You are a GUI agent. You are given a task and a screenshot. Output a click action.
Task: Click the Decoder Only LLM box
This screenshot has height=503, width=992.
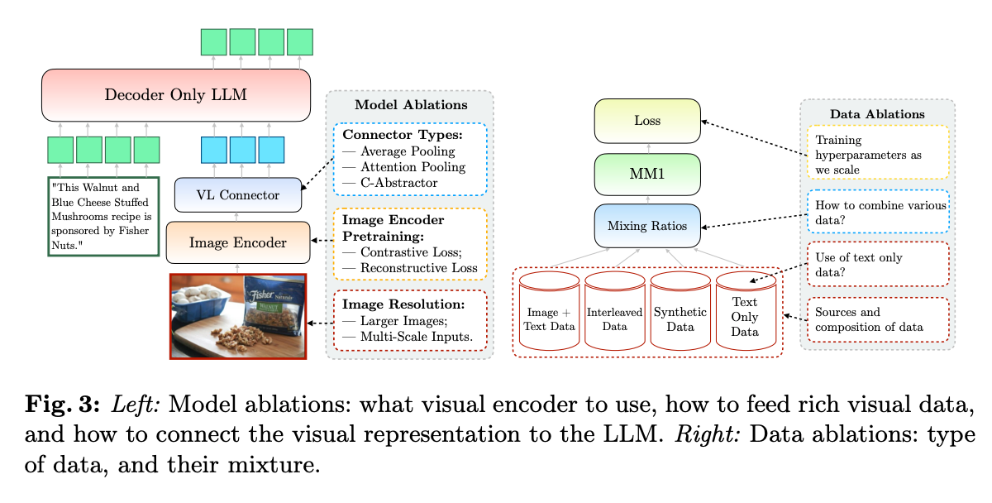pos(175,94)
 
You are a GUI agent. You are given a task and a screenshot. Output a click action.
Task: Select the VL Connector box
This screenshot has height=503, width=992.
pos(238,195)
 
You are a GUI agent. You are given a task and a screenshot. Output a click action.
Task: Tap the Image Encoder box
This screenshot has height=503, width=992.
pos(238,242)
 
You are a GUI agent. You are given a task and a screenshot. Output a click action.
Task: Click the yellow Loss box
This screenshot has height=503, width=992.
pos(647,120)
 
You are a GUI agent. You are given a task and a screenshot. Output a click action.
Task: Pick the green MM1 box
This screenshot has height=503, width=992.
pos(647,174)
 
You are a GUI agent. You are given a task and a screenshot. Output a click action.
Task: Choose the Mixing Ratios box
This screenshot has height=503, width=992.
pos(647,226)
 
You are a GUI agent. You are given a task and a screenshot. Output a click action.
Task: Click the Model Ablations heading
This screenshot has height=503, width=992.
pos(411,105)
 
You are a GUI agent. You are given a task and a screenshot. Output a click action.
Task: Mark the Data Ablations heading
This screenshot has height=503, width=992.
pos(877,113)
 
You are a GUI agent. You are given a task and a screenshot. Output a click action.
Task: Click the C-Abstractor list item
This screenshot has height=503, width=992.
pos(396,182)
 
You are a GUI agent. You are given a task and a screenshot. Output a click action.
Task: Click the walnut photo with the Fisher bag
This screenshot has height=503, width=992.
pos(238,316)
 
